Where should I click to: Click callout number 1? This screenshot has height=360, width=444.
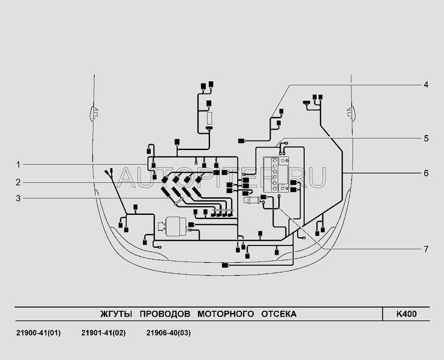click(x=19, y=164)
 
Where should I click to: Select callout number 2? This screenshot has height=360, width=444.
click(x=19, y=182)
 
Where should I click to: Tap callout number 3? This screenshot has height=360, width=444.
click(x=19, y=199)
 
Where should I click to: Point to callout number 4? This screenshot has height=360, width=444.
click(x=425, y=85)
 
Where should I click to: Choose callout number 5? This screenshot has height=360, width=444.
click(x=425, y=138)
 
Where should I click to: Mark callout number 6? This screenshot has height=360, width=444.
click(x=425, y=173)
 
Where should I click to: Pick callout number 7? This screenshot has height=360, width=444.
click(x=425, y=248)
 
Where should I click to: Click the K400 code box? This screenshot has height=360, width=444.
click(x=406, y=314)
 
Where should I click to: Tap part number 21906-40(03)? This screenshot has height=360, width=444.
click(x=169, y=333)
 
